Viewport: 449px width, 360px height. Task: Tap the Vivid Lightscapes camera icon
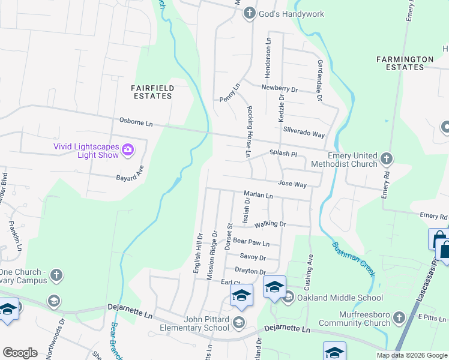coord(128,149)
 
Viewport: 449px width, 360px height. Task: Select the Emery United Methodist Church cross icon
coord(386,159)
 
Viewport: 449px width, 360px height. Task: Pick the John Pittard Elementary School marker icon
coord(239,323)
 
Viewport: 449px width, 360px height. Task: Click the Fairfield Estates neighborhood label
coord(153,92)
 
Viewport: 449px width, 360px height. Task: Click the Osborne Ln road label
coord(136,123)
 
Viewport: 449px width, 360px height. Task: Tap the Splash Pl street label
coord(283,154)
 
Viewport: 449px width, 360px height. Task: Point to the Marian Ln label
coord(258,195)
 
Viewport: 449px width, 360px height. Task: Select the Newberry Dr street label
coord(280,88)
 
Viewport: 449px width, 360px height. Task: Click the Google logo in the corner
coord(20,352)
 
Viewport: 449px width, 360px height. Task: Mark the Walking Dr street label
coord(271,224)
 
